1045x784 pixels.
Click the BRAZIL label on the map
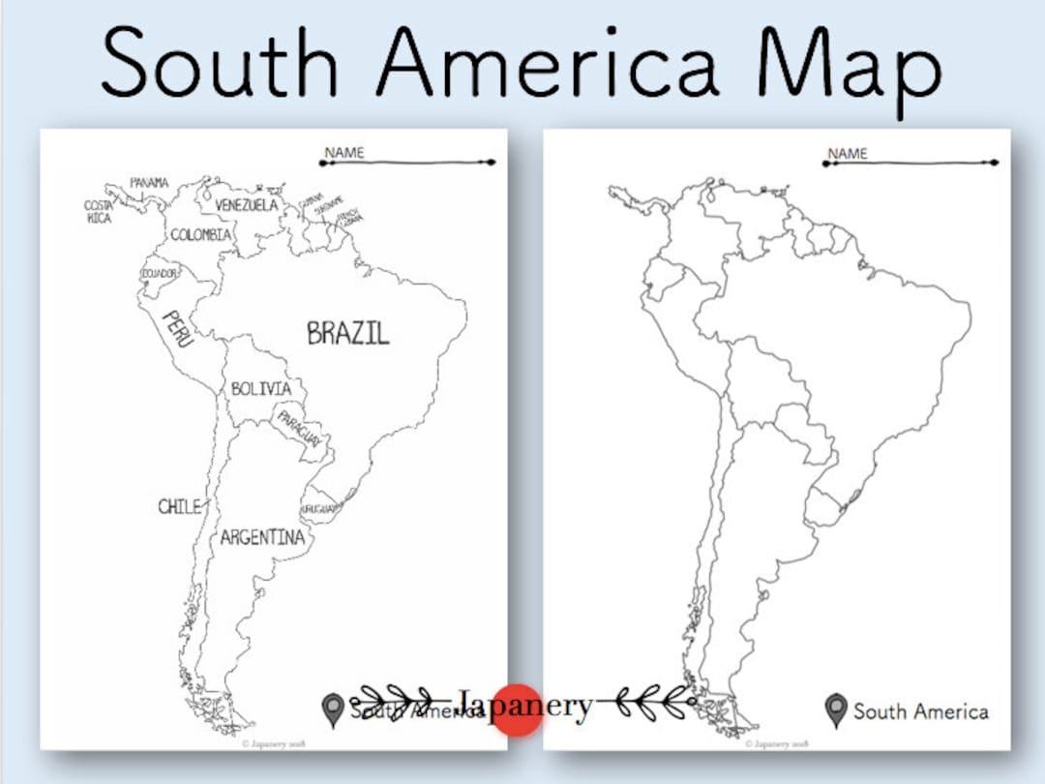[347, 334]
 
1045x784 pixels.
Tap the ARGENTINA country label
[261, 537]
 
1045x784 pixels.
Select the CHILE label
[180, 506]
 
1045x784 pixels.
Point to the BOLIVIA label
[260, 389]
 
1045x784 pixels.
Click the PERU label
[179, 329]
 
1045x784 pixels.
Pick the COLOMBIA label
[201, 235]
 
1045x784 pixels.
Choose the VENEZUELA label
[246, 205]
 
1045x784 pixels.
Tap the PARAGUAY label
[299, 429]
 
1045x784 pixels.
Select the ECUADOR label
[160, 274]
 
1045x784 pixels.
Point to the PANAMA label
[149, 183]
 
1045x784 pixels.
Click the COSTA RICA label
[99, 212]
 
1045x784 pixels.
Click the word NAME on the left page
[344, 153]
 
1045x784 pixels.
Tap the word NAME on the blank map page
[848, 153]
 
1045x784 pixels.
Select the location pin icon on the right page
[836, 710]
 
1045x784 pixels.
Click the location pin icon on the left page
[334, 710]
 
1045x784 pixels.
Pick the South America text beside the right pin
[920, 711]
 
